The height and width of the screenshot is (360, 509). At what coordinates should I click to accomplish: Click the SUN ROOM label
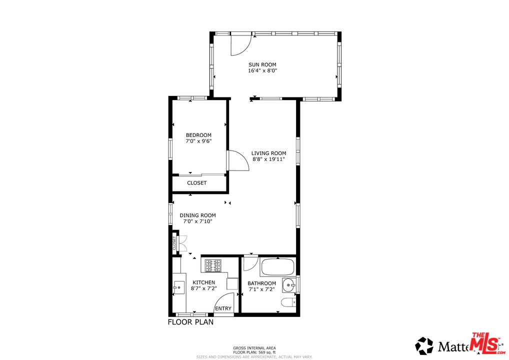pyautogui.click(x=262, y=64)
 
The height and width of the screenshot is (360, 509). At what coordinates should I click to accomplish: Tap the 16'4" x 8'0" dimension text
pyautogui.click(x=262, y=71)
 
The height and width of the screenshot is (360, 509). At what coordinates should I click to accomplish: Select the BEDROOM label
pyautogui.click(x=198, y=135)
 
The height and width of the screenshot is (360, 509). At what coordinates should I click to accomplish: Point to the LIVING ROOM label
pyautogui.click(x=268, y=153)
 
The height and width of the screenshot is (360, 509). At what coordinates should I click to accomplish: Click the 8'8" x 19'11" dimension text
pyautogui.click(x=268, y=159)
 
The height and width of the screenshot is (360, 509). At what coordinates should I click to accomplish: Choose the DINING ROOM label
pyautogui.click(x=197, y=215)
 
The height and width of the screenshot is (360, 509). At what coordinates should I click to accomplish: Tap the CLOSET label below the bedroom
pyautogui.click(x=197, y=183)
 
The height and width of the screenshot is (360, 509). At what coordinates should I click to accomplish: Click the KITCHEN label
pyautogui.click(x=203, y=282)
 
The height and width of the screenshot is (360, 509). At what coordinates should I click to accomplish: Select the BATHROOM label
pyautogui.click(x=261, y=283)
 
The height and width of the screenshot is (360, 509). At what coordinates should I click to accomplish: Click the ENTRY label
pyautogui.click(x=223, y=308)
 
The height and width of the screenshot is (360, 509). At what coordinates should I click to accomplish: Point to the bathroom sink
pyautogui.click(x=288, y=285)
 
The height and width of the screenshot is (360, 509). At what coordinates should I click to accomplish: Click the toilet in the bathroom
pyautogui.click(x=287, y=302)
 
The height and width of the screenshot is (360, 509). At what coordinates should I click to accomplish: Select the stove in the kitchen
pyautogui.click(x=213, y=265)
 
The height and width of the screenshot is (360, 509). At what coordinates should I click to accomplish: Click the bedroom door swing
pyautogui.click(x=237, y=161)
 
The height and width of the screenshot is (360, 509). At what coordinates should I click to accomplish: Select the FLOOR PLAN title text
pyautogui.click(x=190, y=322)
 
